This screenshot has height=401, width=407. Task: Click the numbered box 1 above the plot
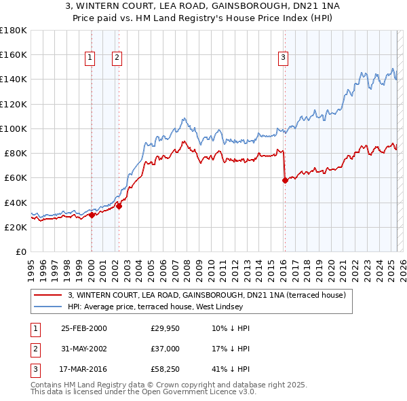click(x=90, y=58)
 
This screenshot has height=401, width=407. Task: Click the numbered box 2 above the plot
click(x=117, y=58)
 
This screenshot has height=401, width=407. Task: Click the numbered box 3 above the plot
click(x=283, y=58)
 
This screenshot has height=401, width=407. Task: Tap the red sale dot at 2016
click(x=285, y=180)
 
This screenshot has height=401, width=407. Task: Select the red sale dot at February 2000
click(x=92, y=215)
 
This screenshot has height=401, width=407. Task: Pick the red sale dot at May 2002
click(x=119, y=206)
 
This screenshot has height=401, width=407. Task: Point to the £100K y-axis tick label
click(x=13, y=128)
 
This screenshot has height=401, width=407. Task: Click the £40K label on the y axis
click(x=15, y=203)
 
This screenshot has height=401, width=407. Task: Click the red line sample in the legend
click(x=49, y=296)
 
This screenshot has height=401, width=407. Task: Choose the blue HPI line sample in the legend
click(x=49, y=307)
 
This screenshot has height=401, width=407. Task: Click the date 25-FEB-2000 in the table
click(x=84, y=328)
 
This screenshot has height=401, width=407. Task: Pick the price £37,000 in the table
click(x=166, y=349)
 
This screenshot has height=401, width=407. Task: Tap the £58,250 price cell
click(x=166, y=370)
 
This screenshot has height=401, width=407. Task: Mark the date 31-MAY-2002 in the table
click(x=84, y=349)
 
